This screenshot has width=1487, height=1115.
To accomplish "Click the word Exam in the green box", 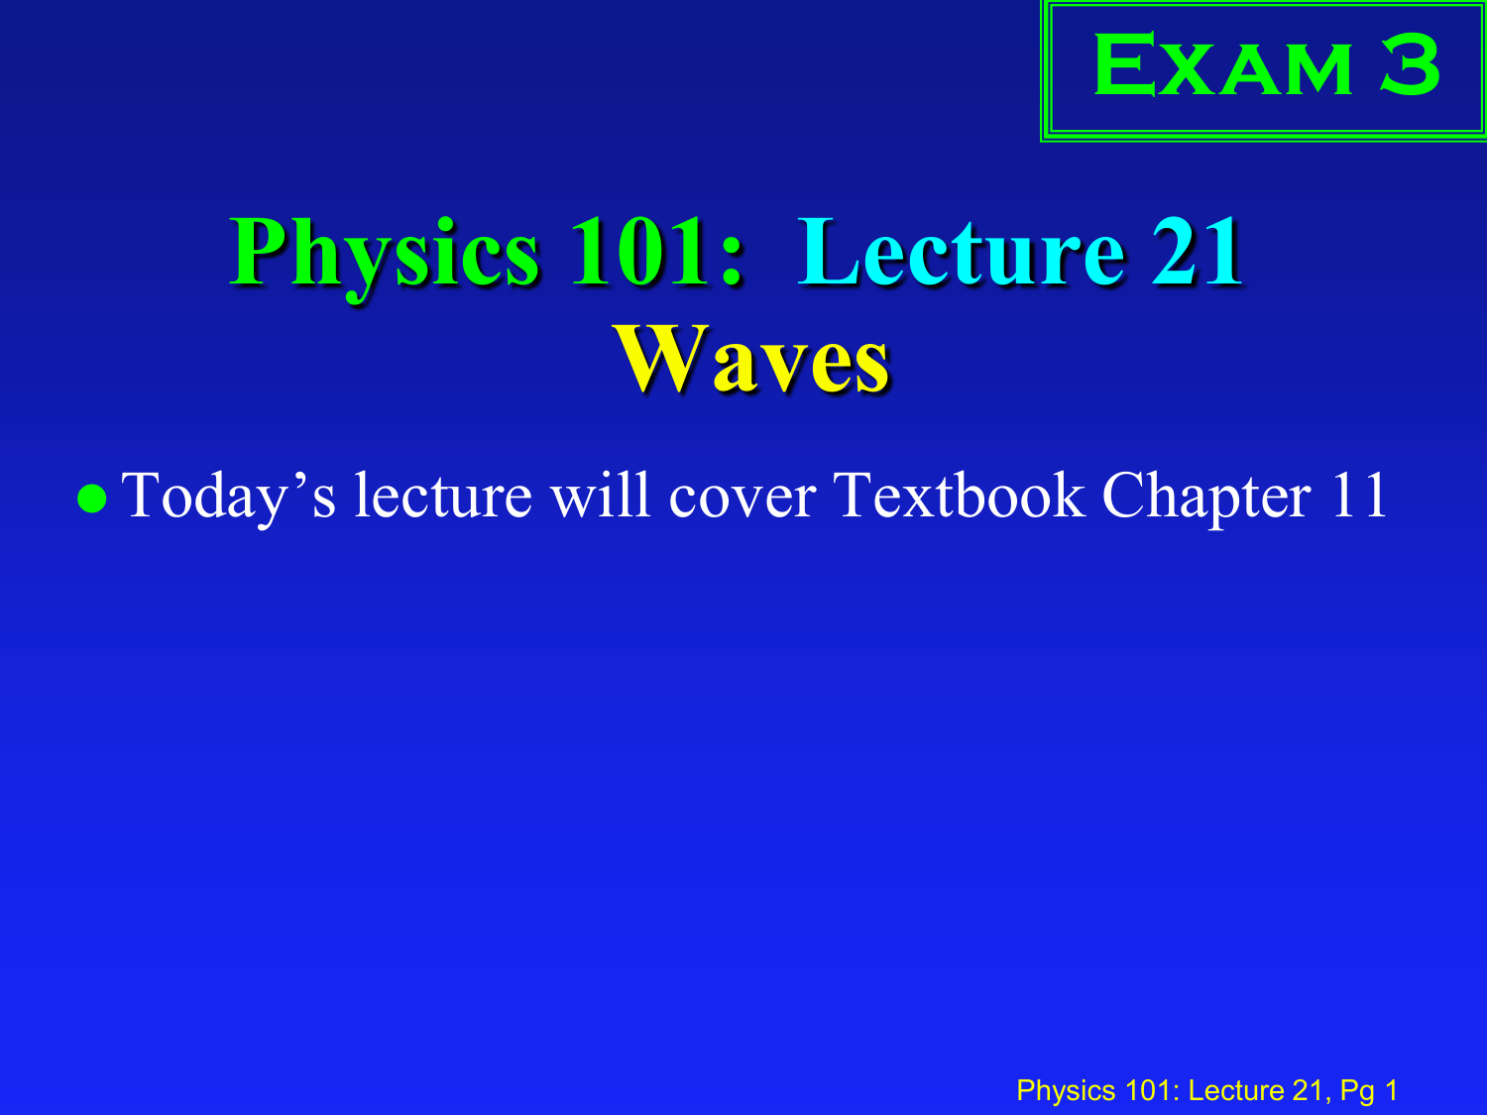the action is tap(1222, 64).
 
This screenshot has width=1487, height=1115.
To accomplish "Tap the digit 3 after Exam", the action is tap(1410, 64).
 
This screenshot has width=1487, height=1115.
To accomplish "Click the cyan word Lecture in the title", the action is tap(962, 252).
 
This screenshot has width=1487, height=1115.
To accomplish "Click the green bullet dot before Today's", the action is tap(92, 499).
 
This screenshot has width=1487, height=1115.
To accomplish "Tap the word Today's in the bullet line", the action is tap(228, 499).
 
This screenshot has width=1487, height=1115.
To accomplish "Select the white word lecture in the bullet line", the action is tap(444, 496).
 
